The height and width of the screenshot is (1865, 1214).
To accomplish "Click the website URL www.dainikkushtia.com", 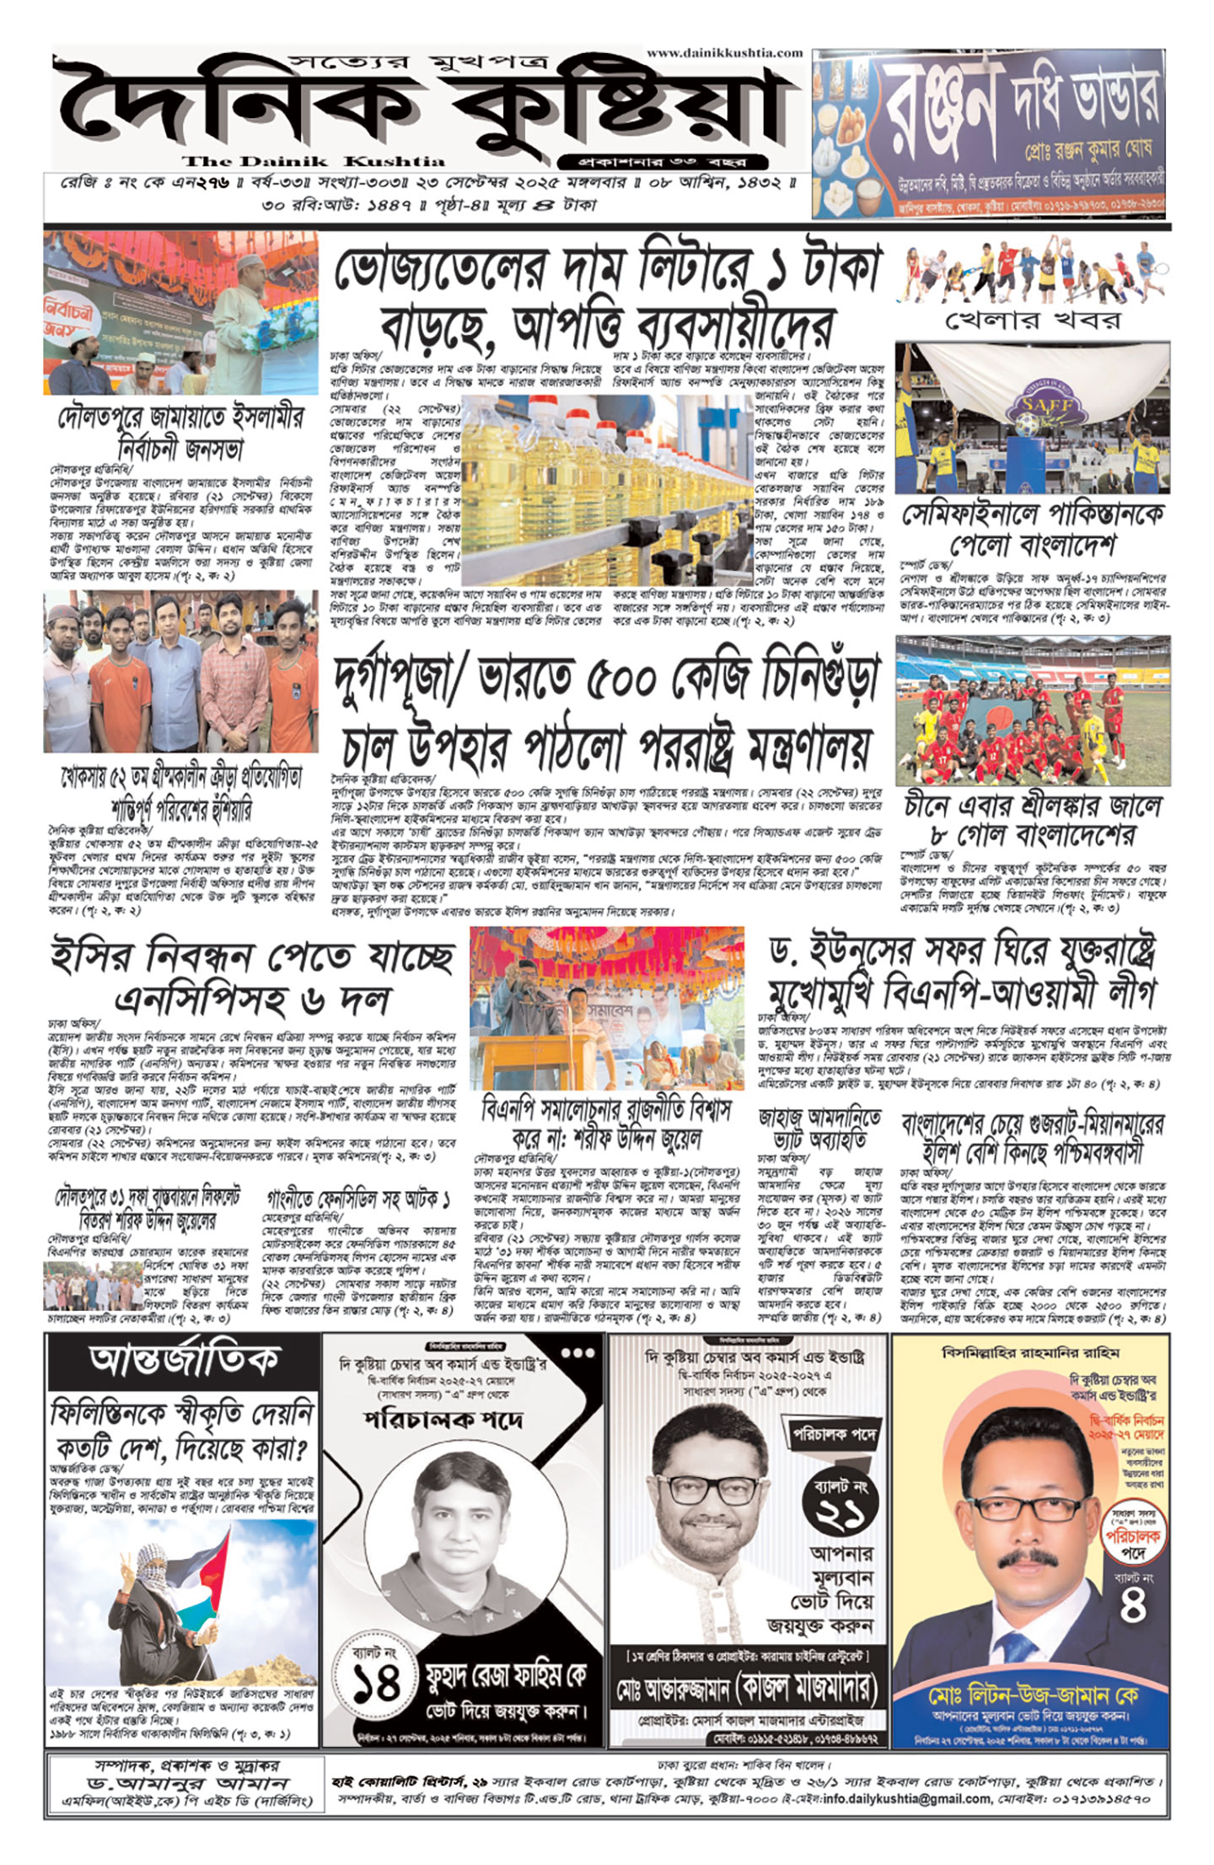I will pyautogui.click(x=724, y=53).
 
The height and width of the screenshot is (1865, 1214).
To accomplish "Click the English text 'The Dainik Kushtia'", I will pyautogui.click(x=314, y=161).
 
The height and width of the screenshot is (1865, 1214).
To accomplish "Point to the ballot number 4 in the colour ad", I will pyautogui.click(x=1132, y=1608).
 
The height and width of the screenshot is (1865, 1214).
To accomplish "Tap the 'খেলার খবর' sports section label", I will pyautogui.click(x=1033, y=321).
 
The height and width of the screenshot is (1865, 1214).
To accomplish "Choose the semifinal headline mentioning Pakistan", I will pyautogui.click(x=1033, y=529).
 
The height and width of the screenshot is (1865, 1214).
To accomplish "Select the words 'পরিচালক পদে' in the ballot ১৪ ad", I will pyautogui.click(x=443, y=1421).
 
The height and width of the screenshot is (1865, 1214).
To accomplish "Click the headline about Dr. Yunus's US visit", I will pyautogui.click(x=962, y=972).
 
